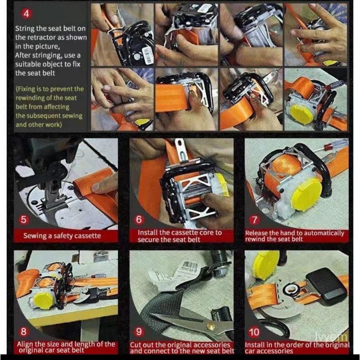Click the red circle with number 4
pyautogui.click(x=27, y=14)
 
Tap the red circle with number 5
pyautogui.click(x=24, y=219)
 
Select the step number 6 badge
pyautogui.click(x=139, y=219)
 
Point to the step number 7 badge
pyautogui.click(x=254, y=220)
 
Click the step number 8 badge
pyautogui.click(x=23, y=332)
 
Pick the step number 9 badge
pyautogui.click(x=139, y=332)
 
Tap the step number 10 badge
pyautogui.click(x=254, y=332)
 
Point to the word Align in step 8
pyautogui.click(x=25, y=344)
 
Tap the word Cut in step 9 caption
pyautogui.click(x=135, y=345)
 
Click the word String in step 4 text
pyautogui.click(x=25, y=29)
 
